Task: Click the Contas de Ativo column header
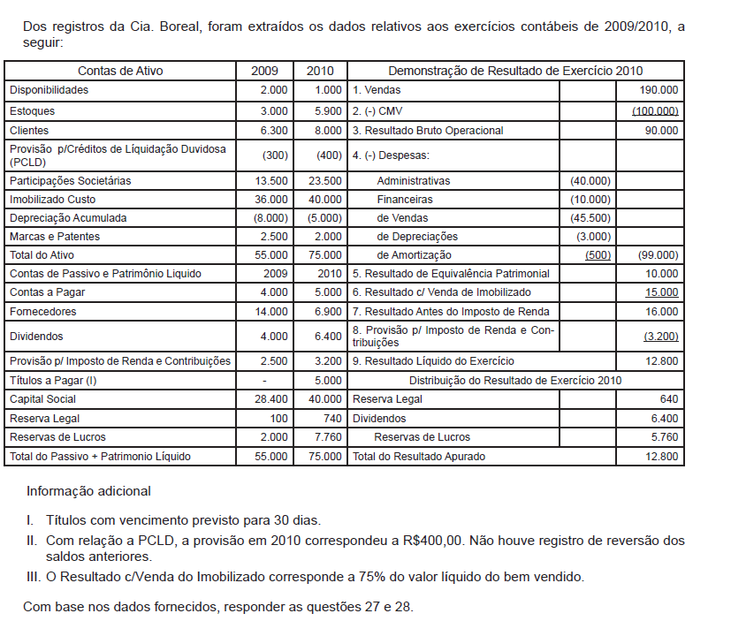[120, 71]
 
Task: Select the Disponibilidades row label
[49, 90]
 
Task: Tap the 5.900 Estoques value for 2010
[327, 111]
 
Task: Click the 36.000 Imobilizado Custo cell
[270, 200]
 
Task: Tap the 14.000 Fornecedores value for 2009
[270, 312]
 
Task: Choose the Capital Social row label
[42, 399]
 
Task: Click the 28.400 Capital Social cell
[270, 399]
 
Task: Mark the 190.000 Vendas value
[659, 90]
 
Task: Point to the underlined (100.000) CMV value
[655, 111]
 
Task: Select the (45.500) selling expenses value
[590, 218]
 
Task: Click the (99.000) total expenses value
[658, 255]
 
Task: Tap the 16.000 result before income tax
[662, 312]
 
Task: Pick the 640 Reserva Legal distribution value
[669, 399]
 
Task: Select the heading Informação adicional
[88, 491]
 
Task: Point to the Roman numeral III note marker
[31, 578]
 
